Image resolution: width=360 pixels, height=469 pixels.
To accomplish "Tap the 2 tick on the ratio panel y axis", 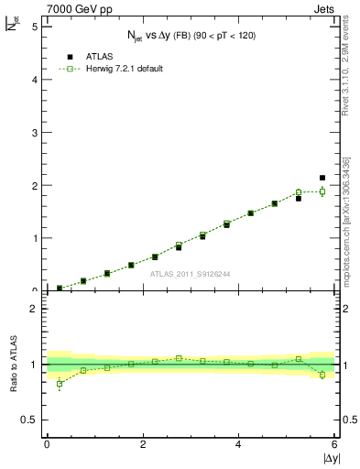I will point(34,309).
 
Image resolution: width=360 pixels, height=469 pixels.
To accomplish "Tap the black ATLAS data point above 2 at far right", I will point(322,178).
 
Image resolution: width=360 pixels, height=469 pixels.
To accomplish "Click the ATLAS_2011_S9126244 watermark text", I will point(191,273).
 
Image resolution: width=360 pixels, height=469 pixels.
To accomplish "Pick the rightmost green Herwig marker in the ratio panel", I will point(322,375).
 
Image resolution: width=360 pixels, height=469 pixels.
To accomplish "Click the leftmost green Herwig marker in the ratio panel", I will point(59,384).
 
